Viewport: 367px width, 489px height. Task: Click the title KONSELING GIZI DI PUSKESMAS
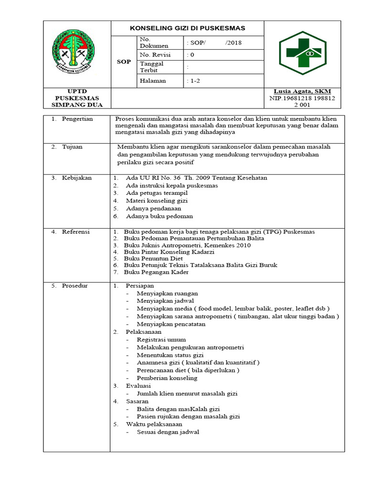click(187, 28)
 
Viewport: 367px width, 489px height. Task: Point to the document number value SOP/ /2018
click(215, 43)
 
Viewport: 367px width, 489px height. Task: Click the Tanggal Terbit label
click(151, 67)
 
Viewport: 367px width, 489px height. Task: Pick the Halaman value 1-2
click(194, 81)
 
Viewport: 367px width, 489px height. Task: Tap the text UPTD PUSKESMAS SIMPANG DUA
click(77, 98)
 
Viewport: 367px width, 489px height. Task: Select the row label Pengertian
click(77, 119)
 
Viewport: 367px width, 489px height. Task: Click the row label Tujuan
click(72, 147)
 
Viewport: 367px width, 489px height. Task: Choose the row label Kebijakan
click(76, 178)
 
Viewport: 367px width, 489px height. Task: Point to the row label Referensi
click(76, 232)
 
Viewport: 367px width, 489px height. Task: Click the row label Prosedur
click(75, 286)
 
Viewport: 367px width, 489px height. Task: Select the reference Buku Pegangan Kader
click(156, 272)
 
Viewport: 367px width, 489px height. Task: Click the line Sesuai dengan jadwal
click(168, 432)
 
